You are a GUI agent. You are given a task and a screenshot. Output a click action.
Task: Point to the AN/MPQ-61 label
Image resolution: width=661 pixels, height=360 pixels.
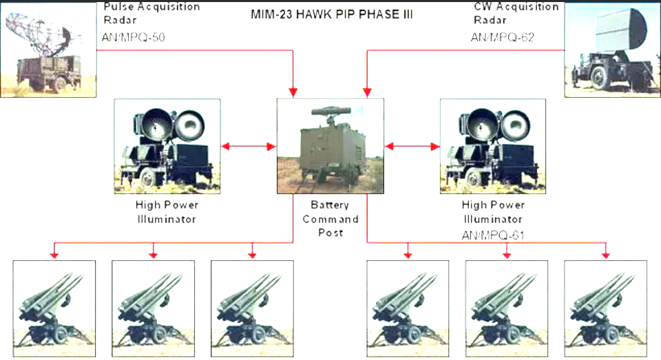(x=493, y=235)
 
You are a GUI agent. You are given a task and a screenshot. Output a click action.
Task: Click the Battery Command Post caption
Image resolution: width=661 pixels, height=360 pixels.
(x=330, y=220)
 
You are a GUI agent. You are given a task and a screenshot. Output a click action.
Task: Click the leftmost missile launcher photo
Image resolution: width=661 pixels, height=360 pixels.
(x=55, y=307)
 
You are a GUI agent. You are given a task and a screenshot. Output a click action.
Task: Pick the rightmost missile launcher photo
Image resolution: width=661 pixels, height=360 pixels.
(x=605, y=307)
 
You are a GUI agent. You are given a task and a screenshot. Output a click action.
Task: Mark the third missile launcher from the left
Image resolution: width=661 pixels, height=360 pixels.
(x=252, y=307)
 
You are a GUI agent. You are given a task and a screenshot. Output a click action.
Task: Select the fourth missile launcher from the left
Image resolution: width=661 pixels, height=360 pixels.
(x=408, y=307)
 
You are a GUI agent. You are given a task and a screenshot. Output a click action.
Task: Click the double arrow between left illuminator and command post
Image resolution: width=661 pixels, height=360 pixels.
(x=249, y=146)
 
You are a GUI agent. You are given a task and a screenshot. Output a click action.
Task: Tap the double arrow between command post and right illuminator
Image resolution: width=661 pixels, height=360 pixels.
(x=412, y=146)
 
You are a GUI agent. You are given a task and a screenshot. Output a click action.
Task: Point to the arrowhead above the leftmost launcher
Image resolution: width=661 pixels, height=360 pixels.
(x=55, y=255)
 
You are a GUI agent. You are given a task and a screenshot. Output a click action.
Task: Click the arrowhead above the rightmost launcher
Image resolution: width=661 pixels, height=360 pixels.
(x=605, y=255)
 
